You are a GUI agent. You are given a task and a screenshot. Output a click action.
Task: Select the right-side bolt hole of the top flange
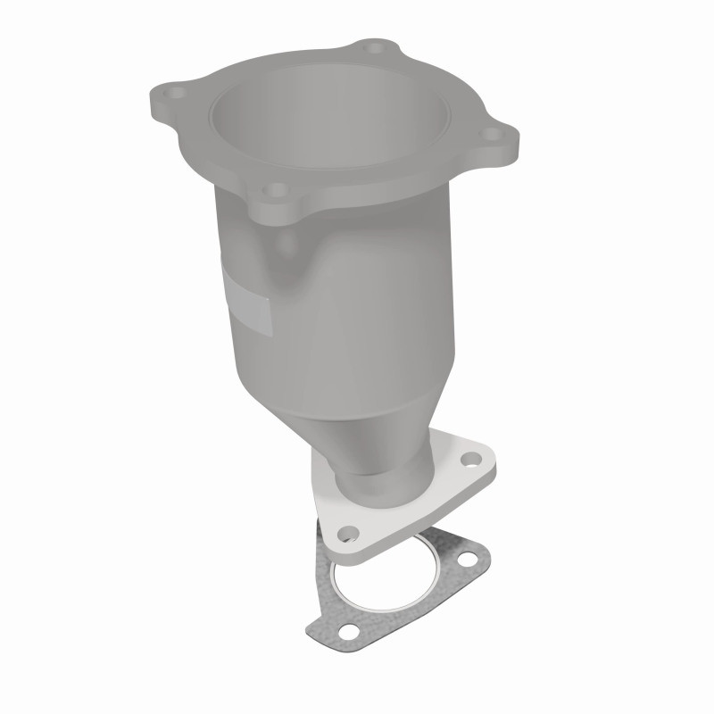pos(487,136)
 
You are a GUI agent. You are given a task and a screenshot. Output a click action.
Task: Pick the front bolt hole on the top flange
pos(278,190)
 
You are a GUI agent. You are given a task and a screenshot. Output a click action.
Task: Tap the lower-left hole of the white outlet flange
pos(351,533)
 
